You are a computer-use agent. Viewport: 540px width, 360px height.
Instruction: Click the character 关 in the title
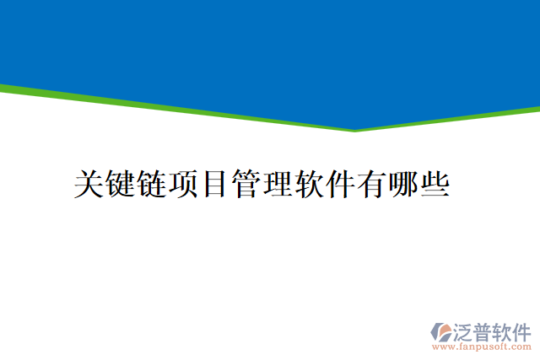[89, 183]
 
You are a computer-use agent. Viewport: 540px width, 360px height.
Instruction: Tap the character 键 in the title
[120, 183]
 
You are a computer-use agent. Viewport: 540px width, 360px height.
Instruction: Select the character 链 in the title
[151, 183]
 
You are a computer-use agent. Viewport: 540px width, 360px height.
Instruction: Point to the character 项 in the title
[182, 183]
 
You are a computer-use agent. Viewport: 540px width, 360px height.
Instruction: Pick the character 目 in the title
[214, 183]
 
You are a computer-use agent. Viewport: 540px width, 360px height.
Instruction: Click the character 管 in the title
[246, 183]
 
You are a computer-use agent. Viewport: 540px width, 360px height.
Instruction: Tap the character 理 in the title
[277, 183]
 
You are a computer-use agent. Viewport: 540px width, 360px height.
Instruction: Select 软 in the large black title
[308, 183]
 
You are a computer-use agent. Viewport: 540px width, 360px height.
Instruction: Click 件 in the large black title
[339, 183]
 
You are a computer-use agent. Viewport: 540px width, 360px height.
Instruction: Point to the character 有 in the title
[370, 183]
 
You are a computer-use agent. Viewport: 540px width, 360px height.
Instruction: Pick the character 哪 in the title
[402, 183]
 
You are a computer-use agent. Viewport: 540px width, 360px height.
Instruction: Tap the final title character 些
[433, 183]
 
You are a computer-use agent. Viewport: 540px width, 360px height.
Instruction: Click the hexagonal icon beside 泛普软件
[442, 330]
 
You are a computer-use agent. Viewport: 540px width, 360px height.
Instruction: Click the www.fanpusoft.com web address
[482, 347]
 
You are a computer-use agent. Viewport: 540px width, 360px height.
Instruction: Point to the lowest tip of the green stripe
[354, 131]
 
